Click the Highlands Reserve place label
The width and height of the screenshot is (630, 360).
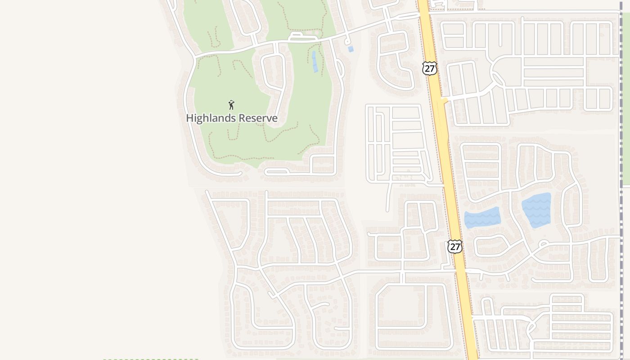click(232, 118)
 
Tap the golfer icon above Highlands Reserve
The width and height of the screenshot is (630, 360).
click(231, 105)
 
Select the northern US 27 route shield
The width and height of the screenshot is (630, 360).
click(430, 68)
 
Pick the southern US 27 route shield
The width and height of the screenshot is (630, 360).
click(455, 247)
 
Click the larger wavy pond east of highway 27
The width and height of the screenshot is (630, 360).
click(536, 210)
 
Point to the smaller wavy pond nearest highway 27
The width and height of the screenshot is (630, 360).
click(482, 218)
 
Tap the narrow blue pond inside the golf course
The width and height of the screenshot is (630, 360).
click(315, 62)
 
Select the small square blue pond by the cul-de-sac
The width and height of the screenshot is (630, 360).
click(351, 49)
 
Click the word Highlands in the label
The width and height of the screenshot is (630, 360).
click(211, 118)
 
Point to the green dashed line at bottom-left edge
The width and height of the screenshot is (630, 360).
click(151, 359)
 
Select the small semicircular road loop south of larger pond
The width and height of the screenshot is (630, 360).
click(544, 244)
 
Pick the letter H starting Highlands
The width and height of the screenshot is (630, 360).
click(189, 118)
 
